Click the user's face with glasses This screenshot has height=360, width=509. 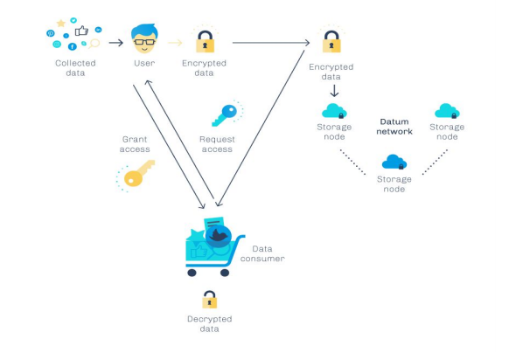(144, 38)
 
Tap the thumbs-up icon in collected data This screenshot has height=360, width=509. (81, 31)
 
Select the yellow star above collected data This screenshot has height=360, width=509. (60, 23)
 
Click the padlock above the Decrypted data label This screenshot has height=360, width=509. (209, 299)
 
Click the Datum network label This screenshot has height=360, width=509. (394, 127)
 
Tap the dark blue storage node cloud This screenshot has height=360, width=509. (394, 162)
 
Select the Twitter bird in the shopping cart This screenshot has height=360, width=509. (219, 236)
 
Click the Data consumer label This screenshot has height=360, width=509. (262, 253)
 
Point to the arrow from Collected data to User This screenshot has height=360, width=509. (116, 43)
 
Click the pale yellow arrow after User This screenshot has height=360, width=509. (175, 43)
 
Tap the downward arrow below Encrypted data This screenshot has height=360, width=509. (334, 91)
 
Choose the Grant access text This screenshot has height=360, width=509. (135, 144)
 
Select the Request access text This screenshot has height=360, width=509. (217, 144)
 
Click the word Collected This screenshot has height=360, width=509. (75, 63)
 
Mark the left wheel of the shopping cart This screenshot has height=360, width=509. (192, 273)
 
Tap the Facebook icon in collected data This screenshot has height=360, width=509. (72, 46)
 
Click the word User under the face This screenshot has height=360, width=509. (144, 63)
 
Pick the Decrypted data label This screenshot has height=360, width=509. (209, 323)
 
